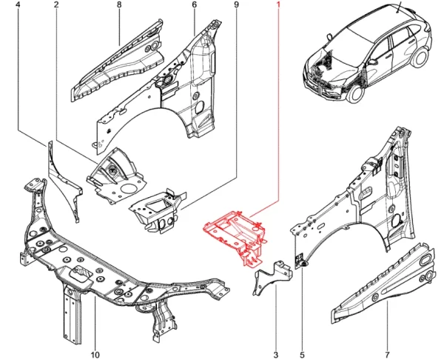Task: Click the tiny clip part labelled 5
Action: pyautogui.click(x=303, y=260)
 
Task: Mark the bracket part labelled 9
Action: pyautogui.click(x=155, y=207)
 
